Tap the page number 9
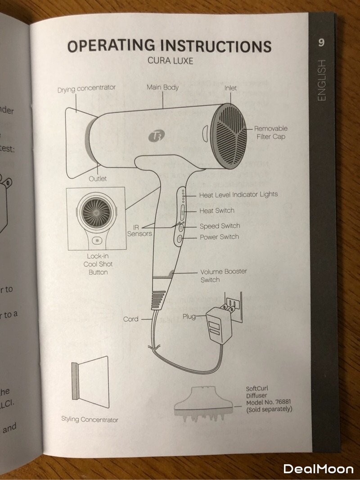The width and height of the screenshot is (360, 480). pos(321,43)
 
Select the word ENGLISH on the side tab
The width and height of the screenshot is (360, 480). pos(321,81)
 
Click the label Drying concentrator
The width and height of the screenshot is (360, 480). pos(86,89)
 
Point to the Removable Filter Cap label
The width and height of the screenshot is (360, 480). pos(271,132)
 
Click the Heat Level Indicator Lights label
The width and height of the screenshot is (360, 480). pos(238,194)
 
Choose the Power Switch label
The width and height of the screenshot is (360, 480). pos(219,237)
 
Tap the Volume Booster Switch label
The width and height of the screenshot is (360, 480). pos(223,275)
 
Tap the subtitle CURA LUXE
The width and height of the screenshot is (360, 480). pos(171,60)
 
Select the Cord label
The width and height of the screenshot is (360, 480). pos(130,319)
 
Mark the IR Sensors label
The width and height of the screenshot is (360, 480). pos(139,230)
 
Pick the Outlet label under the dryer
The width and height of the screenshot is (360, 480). pos(98,179)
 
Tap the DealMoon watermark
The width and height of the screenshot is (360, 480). pos(318,468)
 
